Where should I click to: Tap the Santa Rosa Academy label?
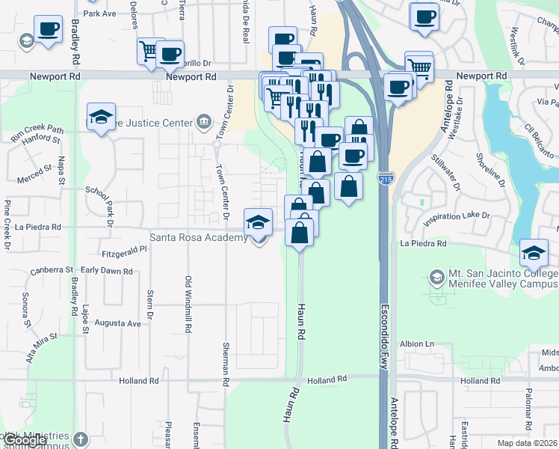pyautogui.click(x=198, y=238)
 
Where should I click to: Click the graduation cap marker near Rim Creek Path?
pyautogui.click(x=101, y=117)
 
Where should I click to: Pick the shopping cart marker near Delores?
pyautogui.click(x=149, y=51)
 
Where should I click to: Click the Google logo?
pyautogui.click(x=24, y=441)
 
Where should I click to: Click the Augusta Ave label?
pyautogui.click(x=123, y=324)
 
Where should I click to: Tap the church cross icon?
pyautogui.click(x=81, y=439)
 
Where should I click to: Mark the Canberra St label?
pyautogui.click(x=52, y=270)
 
